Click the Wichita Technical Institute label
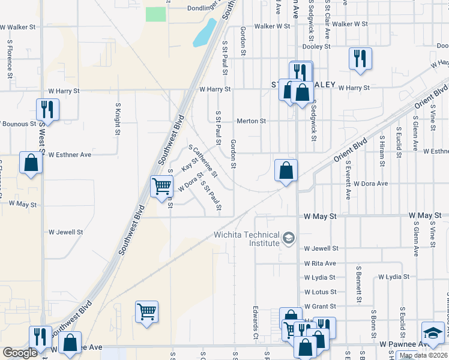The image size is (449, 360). [247, 239]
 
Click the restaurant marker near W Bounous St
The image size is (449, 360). [47, 109]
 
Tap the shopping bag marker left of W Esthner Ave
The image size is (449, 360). [31, 163]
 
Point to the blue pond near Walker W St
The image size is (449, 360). [205, 34]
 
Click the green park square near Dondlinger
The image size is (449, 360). [156, 14]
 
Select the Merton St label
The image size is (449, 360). [251, 121]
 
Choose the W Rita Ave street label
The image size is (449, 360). [320, 263]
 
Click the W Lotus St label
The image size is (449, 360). [320, 292]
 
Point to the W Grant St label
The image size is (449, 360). [320, 307]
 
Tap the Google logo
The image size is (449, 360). [20, 353]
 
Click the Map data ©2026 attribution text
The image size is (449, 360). [423, 355]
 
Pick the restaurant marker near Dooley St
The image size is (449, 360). [360, 59]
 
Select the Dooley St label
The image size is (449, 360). [317, 46]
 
